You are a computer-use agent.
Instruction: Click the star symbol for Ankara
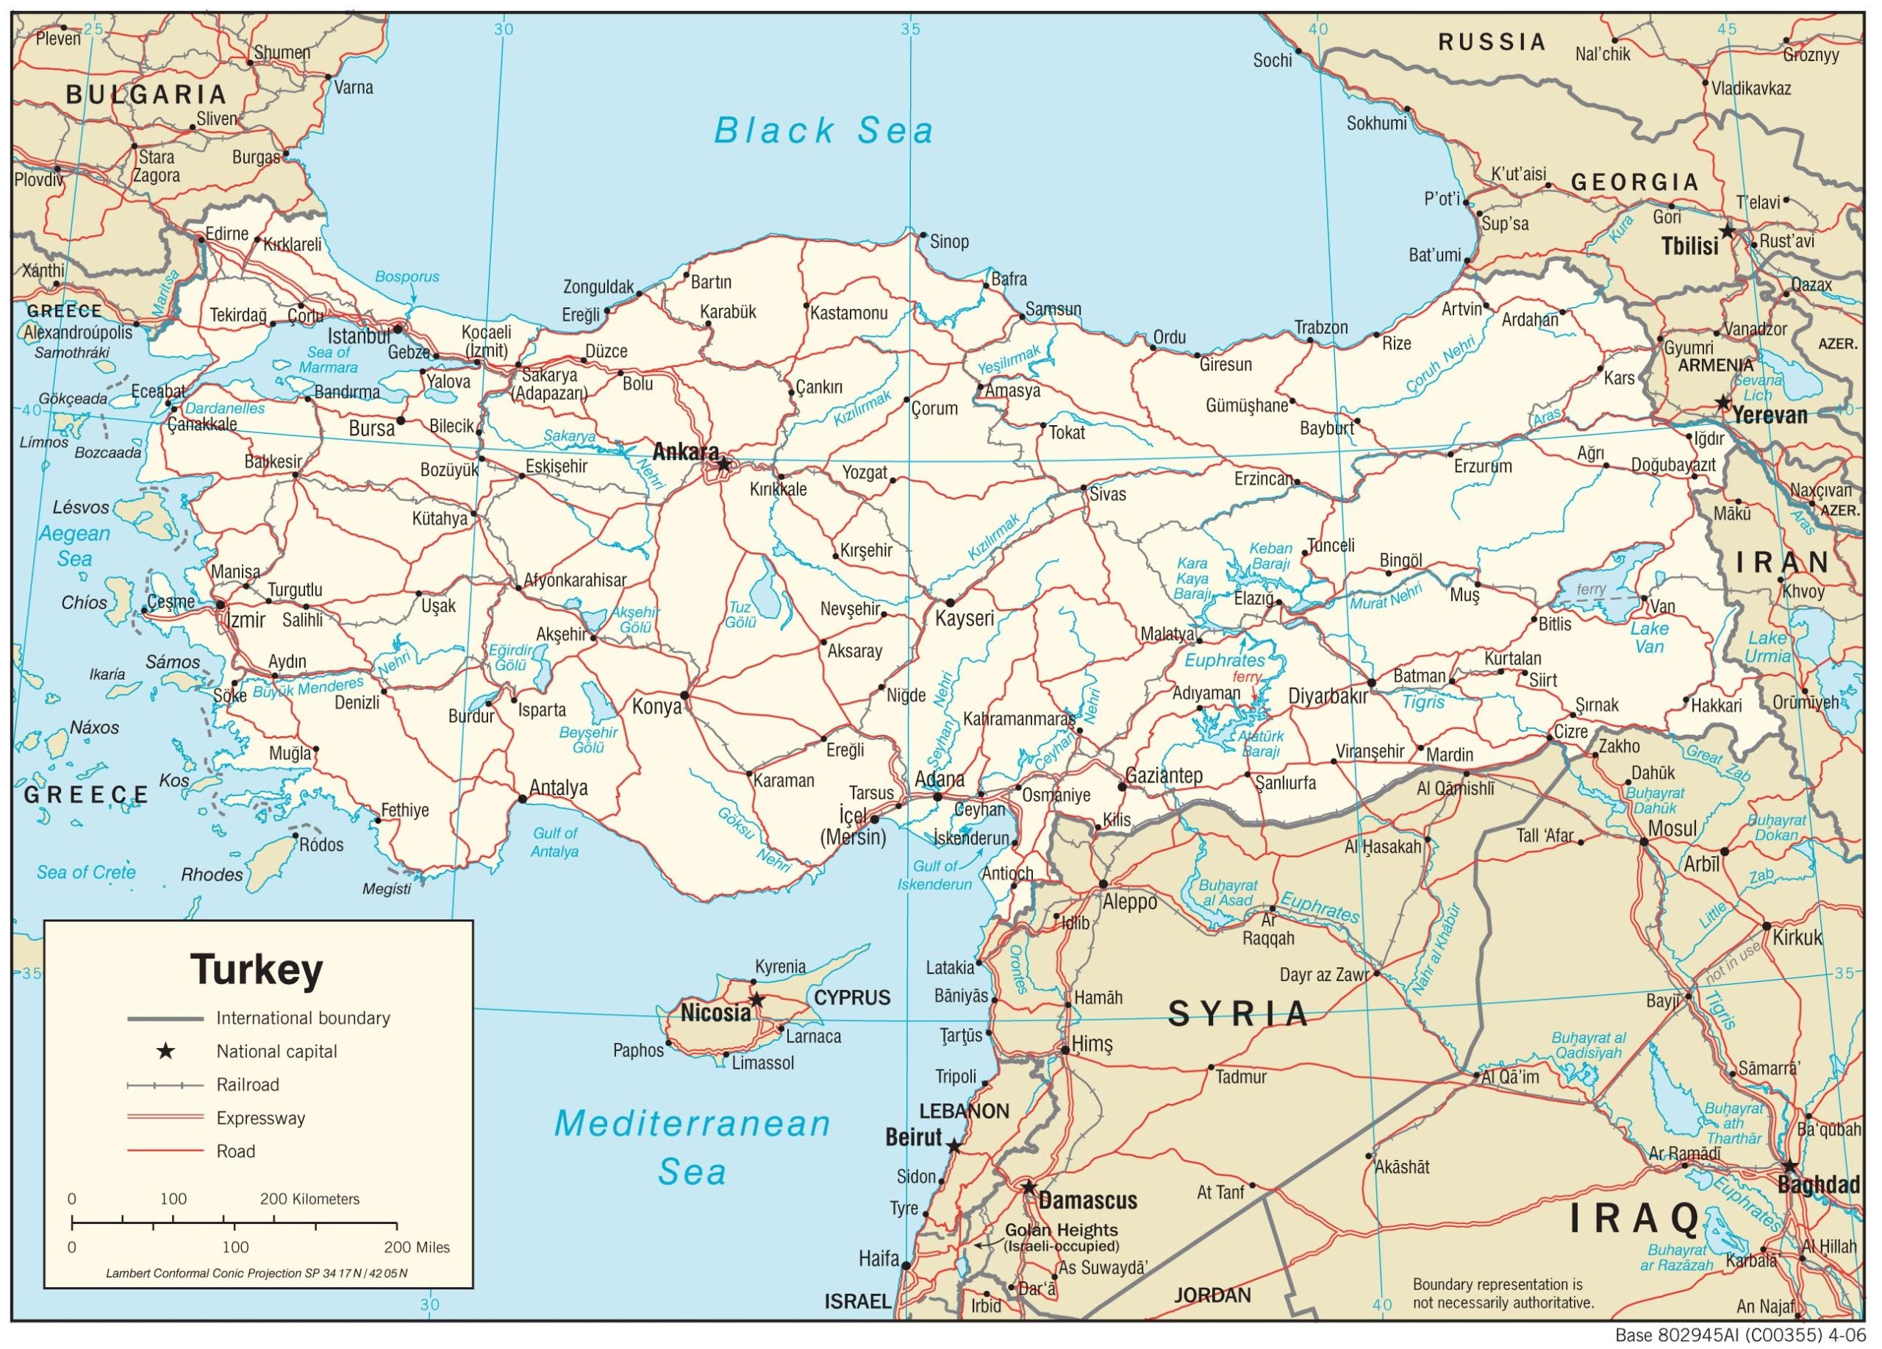pyautogui.click(x=723, y=464)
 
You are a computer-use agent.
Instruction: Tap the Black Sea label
pyautogui.click(x=823, y=131)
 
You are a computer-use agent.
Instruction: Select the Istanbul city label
pyautogui.click(x=359, y=336)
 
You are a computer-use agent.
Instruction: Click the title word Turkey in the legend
pyautogui.click(x=257, y=968)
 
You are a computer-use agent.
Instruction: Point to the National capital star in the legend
pyautogui.click(x=166, y=1052)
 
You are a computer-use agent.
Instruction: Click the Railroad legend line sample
pyautogui.click(x=165, y=1085)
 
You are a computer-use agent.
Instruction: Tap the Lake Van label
pyautogui.click(x=1649, y=637)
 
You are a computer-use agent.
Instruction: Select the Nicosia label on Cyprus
pyautogui.click(x=715, y=1013)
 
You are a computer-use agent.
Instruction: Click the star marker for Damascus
pyautogui.click(x=1029, y=1188)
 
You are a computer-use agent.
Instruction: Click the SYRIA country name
pyautogui.click(x=1238, y=1014)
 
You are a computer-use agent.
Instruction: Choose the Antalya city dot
pyautogui.click(x=522, y=799)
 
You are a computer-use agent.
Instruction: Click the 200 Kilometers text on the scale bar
pyautogui.click(x=310, y=1199)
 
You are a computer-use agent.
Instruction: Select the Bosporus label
pyautogui.click(x=407, y=277)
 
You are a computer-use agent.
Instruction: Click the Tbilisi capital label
pyautogui.click(x=1689, y=246)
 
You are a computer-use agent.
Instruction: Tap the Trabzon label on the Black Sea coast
pyautogui.click(x=1321, y=327)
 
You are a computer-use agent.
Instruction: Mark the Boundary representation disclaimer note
pyautogui.click(x=1503, y=1292)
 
